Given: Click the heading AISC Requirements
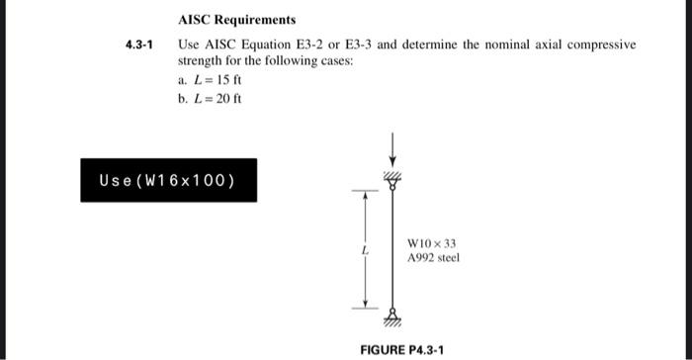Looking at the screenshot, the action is tap(237, 20).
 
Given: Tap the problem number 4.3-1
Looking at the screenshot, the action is tap(140, 45).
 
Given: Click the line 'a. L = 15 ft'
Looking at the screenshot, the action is tap(211, 80).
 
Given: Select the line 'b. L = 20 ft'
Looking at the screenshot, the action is tap(211, 98).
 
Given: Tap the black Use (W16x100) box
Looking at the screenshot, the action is tap(169, 180).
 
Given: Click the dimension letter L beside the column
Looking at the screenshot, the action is tap(365, 249).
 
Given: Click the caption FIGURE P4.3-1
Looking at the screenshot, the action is tap(401, 350).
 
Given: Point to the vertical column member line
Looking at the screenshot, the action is tap(393, 247).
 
